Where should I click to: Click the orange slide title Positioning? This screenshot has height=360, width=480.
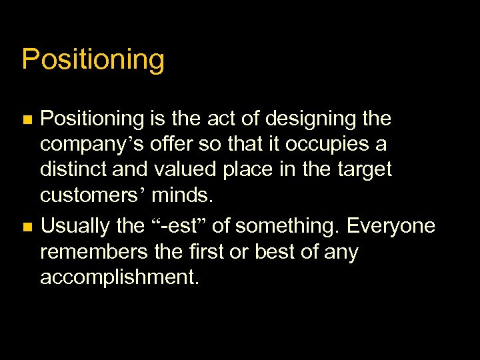(x=93, y=59)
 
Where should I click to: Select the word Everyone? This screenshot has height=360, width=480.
(x=393, y=227)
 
